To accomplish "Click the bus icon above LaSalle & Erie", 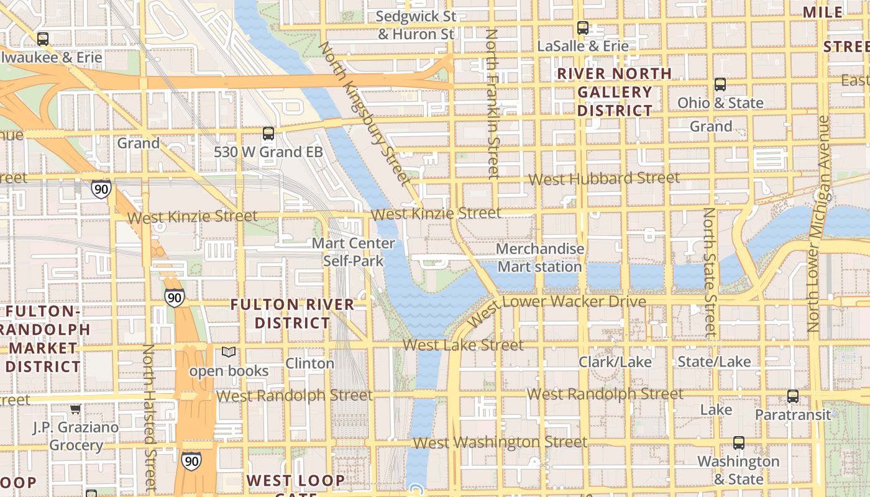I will (x=582, y=27).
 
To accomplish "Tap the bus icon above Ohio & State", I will (x=720, y=84).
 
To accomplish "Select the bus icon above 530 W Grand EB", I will (x=268, y=133).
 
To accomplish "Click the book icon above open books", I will (x=229, y=352).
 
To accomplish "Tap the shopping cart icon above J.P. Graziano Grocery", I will (x=75, y=409).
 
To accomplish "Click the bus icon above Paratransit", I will (x=792, y=396).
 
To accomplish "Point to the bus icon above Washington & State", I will (x=738, y=442).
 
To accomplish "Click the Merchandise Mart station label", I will (x=540, y=258).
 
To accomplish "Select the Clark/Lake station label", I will (x=615, y=362).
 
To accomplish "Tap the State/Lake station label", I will (x=714, y=362).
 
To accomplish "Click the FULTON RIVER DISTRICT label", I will (x=292, y=314).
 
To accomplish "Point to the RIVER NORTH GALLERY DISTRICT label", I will (x=615, y=92).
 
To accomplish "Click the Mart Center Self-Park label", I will (x=353, y=252).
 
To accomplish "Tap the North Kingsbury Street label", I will (x=365, y=114).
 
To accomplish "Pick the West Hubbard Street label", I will (x=604, y=179).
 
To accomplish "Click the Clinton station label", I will (x=309, y=363).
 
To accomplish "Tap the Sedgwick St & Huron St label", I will (x=416, y=25).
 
